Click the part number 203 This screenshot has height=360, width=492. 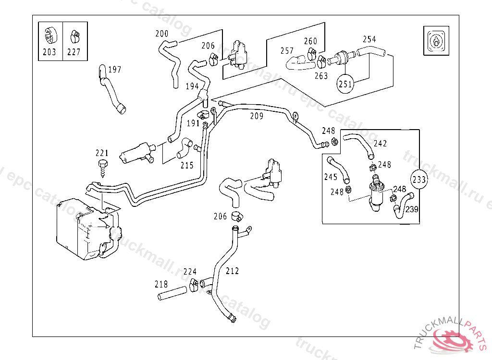pyautogui.click(x=49, y=52)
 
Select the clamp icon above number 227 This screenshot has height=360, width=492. pyautogui.click(x=74, y=35)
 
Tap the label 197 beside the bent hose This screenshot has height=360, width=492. pyautogui.click(x=114, y=70)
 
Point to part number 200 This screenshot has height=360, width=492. pyautogui.click(x=162, y=34)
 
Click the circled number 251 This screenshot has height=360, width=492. pyautogui.click(x=345, y=84)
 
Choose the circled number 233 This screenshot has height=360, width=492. pyautogui.click(x=419, y=180)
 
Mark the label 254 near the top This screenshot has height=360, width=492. pyautogui.click(x=369, y=39)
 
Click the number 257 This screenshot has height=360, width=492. pyautogui.click(x=287, y=51)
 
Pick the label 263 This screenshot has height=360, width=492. pyautogui.click(x=321, y=76)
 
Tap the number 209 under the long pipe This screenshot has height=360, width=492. pyautogui.click(x=257, y=116)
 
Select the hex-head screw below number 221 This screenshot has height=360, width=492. pyautogui.click(x=103, y=168)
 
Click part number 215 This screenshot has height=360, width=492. pyautogui.click(x=187, y=166)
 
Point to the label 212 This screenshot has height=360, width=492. pyautogui.click(x=232, y=271)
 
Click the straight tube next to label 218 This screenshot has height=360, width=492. pyautogui.click(x=172, y=293)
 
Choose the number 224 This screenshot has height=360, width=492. pyautogui.click(x=190, y=271)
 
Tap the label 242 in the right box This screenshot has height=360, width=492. pyautogui.click(x=380, y=144)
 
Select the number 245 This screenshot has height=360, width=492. pyautogui.click(x=331, y=177)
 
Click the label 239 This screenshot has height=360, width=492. pyautogui.click(x=412, y=209)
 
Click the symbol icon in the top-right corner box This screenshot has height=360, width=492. pyautogui.click(x=435, y=41)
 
